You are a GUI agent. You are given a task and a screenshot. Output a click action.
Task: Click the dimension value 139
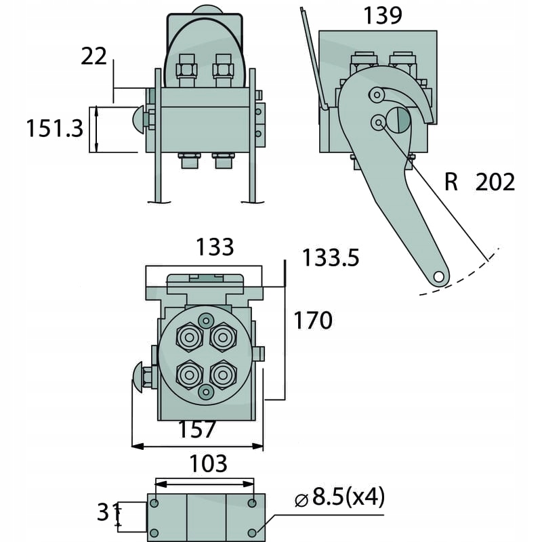coord(383,14)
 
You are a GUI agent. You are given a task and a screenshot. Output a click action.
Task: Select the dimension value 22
coord(93,57)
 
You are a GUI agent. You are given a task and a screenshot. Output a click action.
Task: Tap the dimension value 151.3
coord(54,127)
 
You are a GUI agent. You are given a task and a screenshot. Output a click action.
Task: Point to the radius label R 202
coord(480,182)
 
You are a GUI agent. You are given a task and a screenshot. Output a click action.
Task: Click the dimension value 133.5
coord(330,257)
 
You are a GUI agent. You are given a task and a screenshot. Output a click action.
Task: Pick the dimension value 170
coord(312,320)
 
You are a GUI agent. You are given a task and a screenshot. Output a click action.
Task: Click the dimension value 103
coord(207,463)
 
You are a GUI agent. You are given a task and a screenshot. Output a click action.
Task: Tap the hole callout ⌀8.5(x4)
coord(340,499)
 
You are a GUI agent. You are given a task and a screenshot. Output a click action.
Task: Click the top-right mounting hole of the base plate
coord(252,503)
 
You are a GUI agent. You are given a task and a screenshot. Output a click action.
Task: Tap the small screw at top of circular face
coord(205,319)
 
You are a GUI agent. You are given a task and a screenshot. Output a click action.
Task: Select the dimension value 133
coord(215,247)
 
